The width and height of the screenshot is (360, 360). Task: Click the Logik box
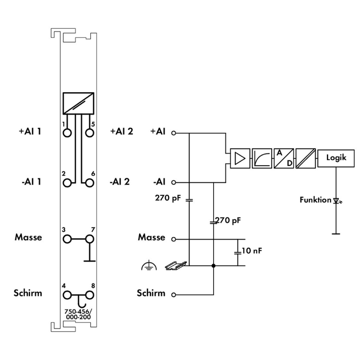click(336, 157)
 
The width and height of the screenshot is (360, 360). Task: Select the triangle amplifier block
click(240, 158)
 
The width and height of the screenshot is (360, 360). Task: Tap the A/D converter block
click(283, 158)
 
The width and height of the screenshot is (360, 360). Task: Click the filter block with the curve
click(261, 158)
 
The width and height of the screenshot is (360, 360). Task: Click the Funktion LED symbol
click(336, 200)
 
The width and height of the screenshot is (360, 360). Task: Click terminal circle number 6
click(89, 183)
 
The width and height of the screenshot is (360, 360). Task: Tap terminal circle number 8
click(89, 295)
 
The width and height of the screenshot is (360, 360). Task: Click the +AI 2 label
click(121, 131)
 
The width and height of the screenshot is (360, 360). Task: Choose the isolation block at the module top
click(78, 103)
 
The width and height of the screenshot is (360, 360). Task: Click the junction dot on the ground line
click(213, 265)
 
